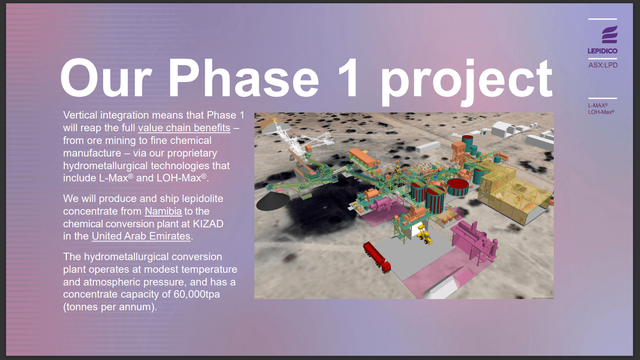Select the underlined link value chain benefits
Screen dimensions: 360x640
184,128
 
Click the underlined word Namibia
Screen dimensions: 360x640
163,211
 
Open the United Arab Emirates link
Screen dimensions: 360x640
141,236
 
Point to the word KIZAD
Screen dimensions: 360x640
205,224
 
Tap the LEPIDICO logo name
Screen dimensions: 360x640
603,51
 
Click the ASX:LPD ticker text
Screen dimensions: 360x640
603,65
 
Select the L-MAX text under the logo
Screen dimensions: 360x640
597,106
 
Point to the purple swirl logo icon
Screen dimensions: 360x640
609,35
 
